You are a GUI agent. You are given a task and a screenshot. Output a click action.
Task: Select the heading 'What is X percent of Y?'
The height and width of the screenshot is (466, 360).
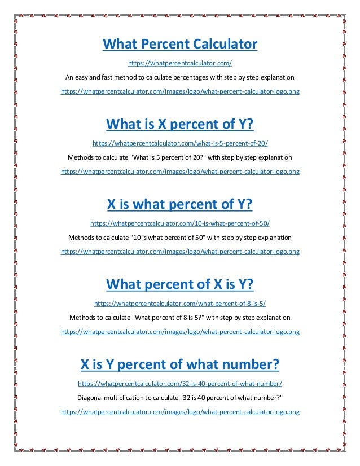(x=180, y=124)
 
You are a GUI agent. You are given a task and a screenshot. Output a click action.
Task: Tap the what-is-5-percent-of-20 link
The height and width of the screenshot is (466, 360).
(x=180, y=143)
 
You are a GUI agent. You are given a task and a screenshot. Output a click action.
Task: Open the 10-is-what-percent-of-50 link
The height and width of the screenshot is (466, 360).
(x=180, y=223)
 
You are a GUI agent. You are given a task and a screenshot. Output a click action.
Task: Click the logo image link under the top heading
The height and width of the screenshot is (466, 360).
(x=180, y=91)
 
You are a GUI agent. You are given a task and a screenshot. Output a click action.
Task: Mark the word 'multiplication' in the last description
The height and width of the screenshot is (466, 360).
(x=127, y=398)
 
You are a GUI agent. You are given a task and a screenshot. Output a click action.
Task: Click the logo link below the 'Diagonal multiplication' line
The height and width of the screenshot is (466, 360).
(x=180, y=412)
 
